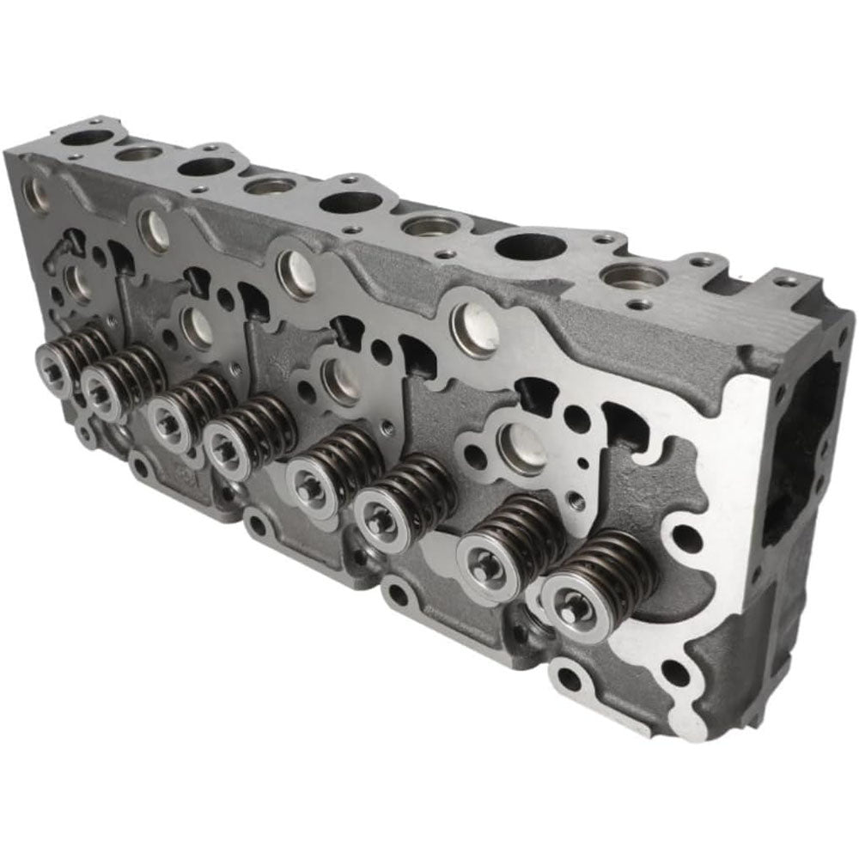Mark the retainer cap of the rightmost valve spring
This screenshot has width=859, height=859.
572,606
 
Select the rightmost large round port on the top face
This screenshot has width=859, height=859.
530,247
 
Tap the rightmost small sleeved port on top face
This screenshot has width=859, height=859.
634,277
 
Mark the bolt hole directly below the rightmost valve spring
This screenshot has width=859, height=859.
569,679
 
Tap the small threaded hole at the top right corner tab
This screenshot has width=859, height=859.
785,281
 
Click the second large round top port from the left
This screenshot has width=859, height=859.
206,167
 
